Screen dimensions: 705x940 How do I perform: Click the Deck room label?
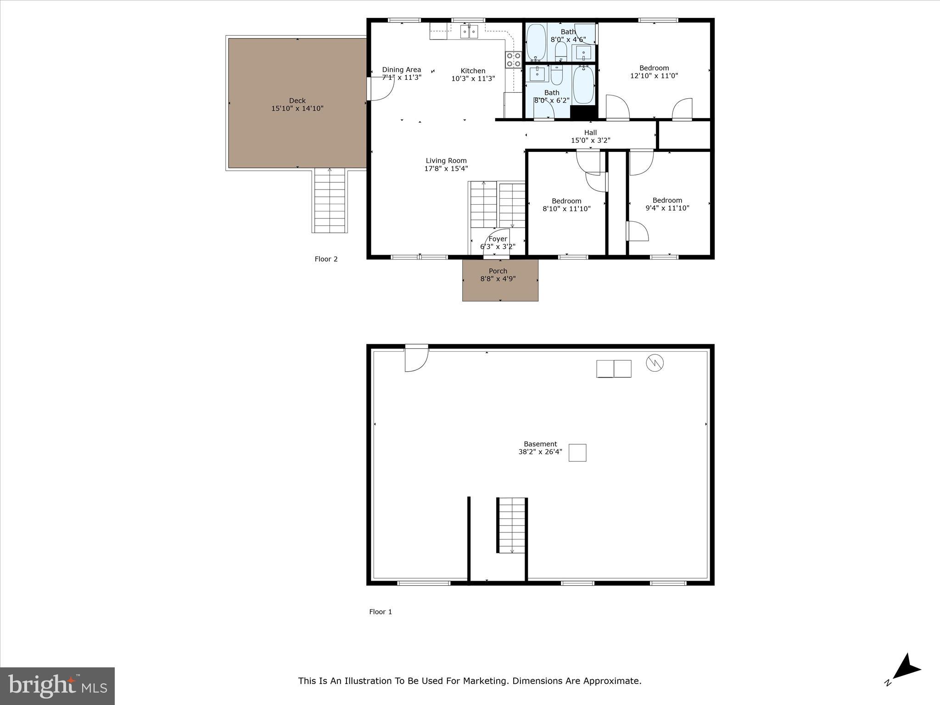pos(297,101)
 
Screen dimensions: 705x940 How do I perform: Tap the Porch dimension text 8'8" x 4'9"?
pos(498,279)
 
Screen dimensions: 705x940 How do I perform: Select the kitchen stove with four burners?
pos(514,60)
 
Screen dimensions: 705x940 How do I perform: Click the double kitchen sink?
pos(469,32)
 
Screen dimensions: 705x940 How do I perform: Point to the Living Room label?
pos(446,161)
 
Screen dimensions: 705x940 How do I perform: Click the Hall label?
pos(590,133)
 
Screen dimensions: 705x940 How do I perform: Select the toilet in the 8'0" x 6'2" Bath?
pos(557,76)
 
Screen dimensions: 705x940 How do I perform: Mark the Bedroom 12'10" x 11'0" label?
pos(654,68)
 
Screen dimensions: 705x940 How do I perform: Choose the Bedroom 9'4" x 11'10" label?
pos(667,200)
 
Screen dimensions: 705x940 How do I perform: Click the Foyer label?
pos(498,239)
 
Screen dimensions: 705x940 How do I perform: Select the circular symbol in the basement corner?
pos(655,363)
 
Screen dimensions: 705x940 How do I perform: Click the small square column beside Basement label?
pos(577,453)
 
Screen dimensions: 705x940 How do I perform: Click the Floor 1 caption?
pos(380,612)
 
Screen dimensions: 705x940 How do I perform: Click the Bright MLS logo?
pos(57,686)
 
